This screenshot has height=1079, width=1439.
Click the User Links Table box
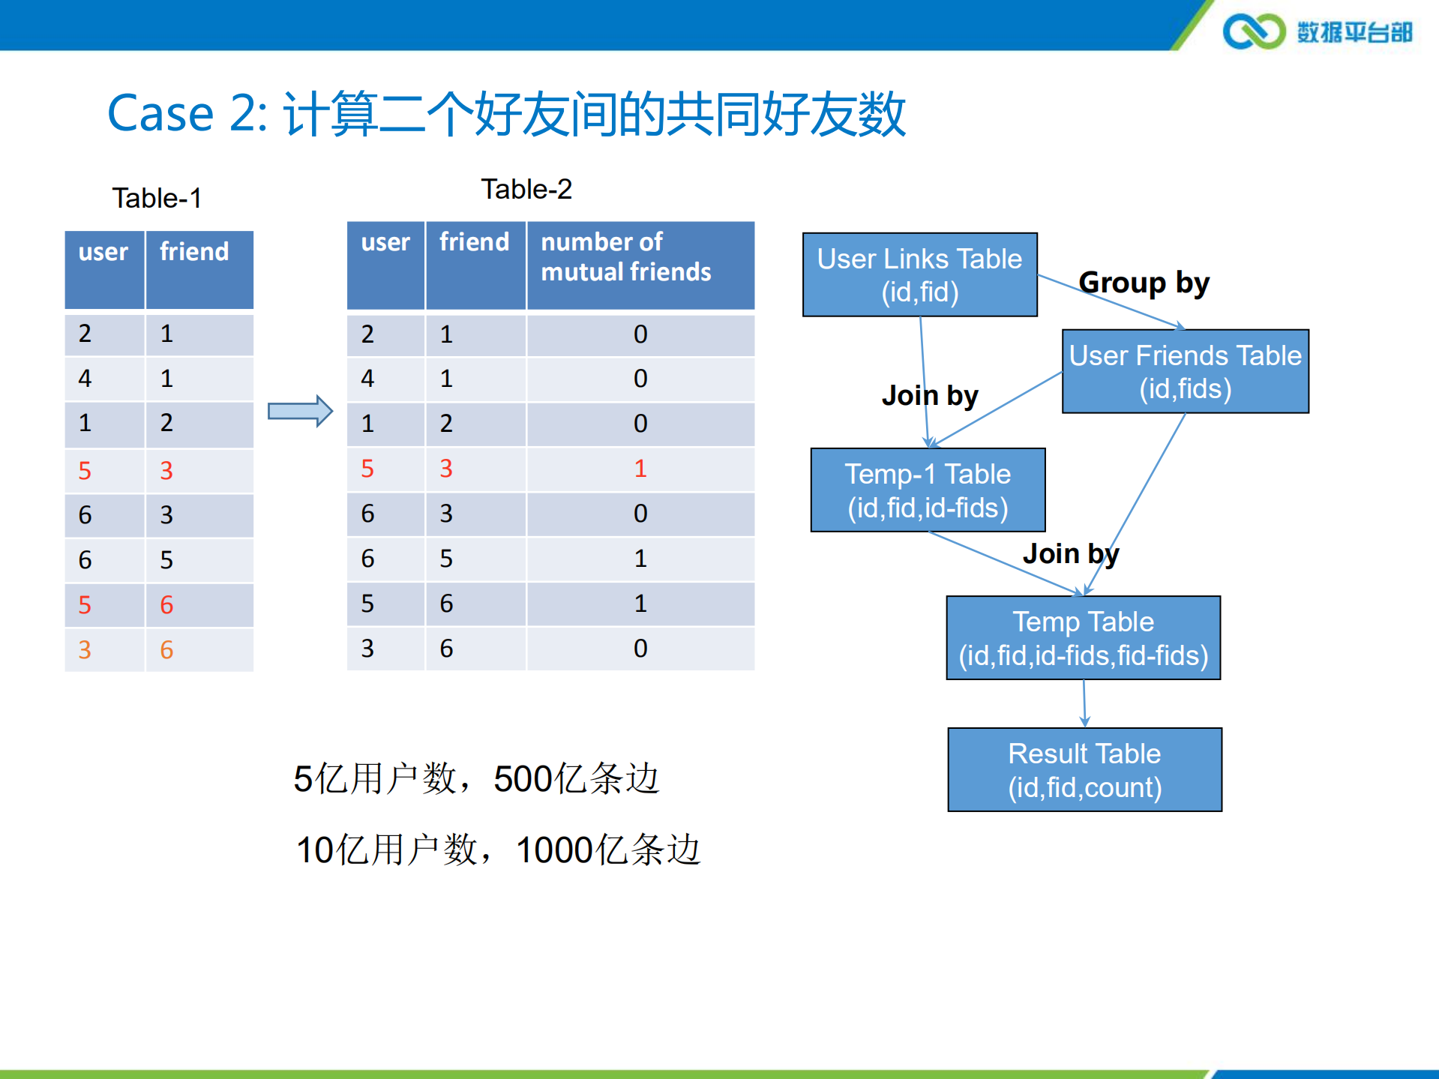click(x=919, y=274)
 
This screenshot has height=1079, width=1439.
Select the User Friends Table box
click(x=1185, y=371)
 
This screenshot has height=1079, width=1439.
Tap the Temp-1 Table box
click(x=928, y=490)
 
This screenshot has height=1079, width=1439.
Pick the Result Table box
click(x=1084, y=769)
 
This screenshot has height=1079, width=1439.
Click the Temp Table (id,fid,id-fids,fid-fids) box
click(x=1083, y=637)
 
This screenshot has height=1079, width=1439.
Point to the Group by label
click(x=1144, y=283)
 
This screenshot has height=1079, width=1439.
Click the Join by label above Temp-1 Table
click(x=930, y=395)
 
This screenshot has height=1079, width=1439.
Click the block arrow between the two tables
click(x=300, y=411)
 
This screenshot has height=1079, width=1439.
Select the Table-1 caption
click(x=157, y=198)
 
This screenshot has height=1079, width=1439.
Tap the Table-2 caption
click(x=526, y=189)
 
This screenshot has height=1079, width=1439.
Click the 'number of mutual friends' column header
click(x=625, y=256)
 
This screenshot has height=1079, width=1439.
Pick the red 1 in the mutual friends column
click(x=640, y=469)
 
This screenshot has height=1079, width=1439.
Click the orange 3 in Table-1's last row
click(x=85, y=649)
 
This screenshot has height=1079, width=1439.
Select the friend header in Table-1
click(x=194, y=252)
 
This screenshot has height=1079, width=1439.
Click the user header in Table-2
click(x=385, y=242)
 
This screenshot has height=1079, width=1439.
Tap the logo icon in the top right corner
click(x=1253, y=31)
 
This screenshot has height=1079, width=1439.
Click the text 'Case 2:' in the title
click(x=187, y=113)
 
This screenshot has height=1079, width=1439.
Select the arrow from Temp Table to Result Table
click(x=1084, y=703)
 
